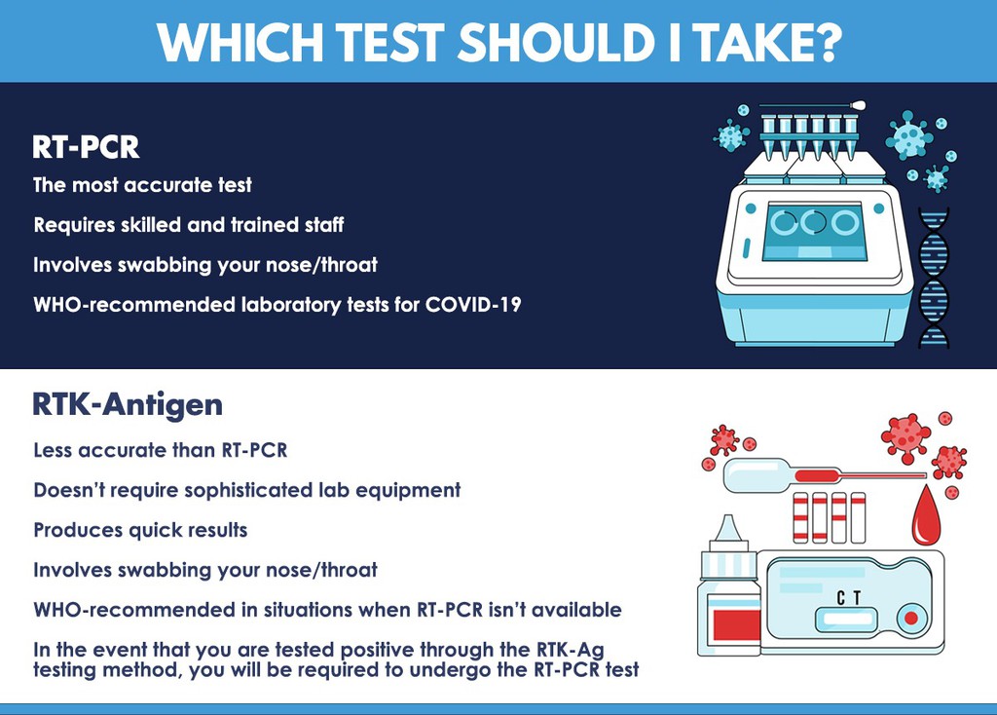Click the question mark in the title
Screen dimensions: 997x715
826,43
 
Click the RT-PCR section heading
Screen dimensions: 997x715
86,147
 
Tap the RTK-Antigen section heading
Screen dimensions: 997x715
128,404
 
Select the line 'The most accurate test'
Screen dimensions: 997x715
142,185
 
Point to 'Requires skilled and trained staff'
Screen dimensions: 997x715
189,225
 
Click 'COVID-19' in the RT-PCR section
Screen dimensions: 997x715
473,305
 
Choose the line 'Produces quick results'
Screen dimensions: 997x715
140,531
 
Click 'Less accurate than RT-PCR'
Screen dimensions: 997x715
161,450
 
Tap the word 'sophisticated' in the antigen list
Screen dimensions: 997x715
248,490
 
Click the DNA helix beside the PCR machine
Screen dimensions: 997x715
934,278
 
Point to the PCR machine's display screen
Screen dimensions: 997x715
814,232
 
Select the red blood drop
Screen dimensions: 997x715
927,516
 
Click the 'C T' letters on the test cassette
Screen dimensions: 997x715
849,598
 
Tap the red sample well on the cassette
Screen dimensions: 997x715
911,619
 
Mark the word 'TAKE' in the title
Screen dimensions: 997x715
747,43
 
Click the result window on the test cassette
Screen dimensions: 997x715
847,619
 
